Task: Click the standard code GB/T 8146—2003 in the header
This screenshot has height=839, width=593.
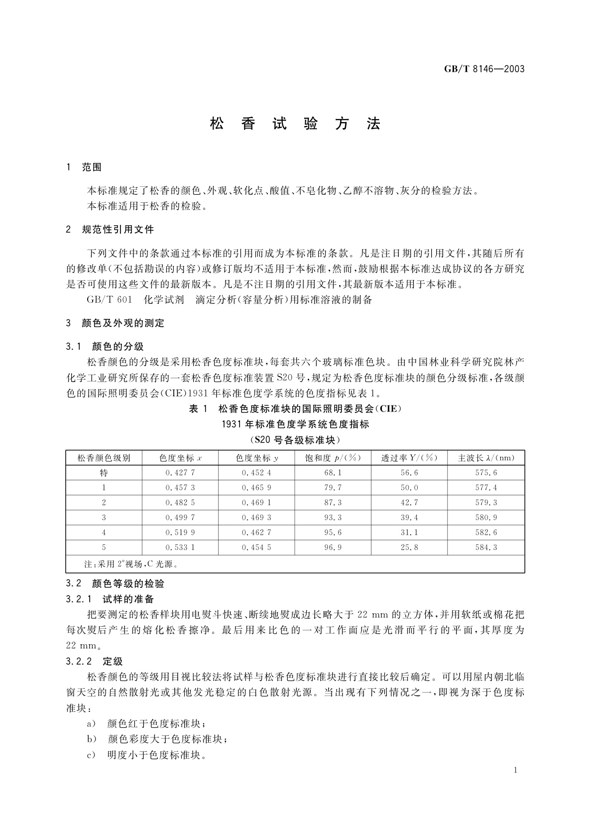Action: [484, 69]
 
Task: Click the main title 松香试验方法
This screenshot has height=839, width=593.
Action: [295, 124]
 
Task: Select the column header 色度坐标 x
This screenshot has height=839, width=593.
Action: [180, 458]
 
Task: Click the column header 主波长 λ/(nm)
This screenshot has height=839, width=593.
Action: [486, 458]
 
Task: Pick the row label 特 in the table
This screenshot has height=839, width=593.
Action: [104, 473]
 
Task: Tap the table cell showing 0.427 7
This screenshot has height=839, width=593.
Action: [180, 473]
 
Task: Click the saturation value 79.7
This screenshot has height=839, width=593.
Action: [333, 488]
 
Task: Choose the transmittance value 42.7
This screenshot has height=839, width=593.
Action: [409, 503]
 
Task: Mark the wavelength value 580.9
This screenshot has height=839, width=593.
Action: [486, 518]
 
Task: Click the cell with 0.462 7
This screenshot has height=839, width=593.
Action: [256, 533]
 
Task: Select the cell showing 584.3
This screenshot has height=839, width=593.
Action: [486, 548]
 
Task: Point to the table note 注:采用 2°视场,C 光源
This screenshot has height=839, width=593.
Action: [131, 564]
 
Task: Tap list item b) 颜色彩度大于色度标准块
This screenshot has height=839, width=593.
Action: [157, 739]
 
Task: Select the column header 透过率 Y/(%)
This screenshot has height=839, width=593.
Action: [409, 458]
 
